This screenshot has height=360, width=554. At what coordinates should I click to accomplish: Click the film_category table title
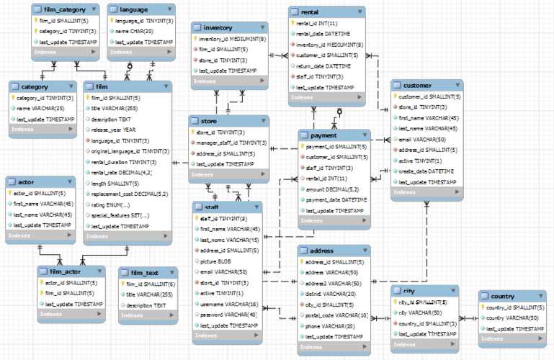click(x=64, y=10)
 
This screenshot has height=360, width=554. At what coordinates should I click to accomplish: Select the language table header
click(x=135, y=10)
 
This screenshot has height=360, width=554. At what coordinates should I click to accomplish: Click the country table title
click(x=503, y=296)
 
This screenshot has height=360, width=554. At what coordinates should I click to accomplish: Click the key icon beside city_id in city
click(x=395, y=302)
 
